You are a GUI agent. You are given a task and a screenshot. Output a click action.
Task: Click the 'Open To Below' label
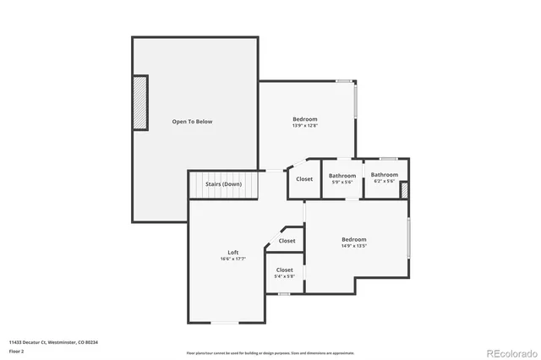point(192,122)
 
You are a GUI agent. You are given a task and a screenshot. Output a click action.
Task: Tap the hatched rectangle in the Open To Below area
point(139,102)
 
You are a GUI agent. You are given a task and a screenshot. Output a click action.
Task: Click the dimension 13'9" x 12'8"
point(305,126)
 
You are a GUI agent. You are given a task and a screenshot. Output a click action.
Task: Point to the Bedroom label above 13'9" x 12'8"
point(305,120)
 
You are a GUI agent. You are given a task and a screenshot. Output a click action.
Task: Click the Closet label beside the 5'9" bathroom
point(304,178)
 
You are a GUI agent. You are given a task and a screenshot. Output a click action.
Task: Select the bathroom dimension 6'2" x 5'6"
point(384,181)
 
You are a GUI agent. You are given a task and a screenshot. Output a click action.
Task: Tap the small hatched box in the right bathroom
point(404,190)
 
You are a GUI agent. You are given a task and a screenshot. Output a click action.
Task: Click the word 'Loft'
point(233,253)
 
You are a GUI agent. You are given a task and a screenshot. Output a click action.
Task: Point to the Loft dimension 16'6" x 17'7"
point(233,259)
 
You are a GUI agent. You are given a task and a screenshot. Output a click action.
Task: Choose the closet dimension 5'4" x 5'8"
point(285,275)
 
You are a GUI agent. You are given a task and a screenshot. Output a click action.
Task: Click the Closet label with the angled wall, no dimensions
point(287,241)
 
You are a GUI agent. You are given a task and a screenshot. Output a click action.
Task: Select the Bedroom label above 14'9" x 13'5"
point(354,239)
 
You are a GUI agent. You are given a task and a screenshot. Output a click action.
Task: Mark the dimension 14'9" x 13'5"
point(354,246)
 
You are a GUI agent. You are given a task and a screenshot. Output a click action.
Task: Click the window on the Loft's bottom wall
point(224,323)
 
